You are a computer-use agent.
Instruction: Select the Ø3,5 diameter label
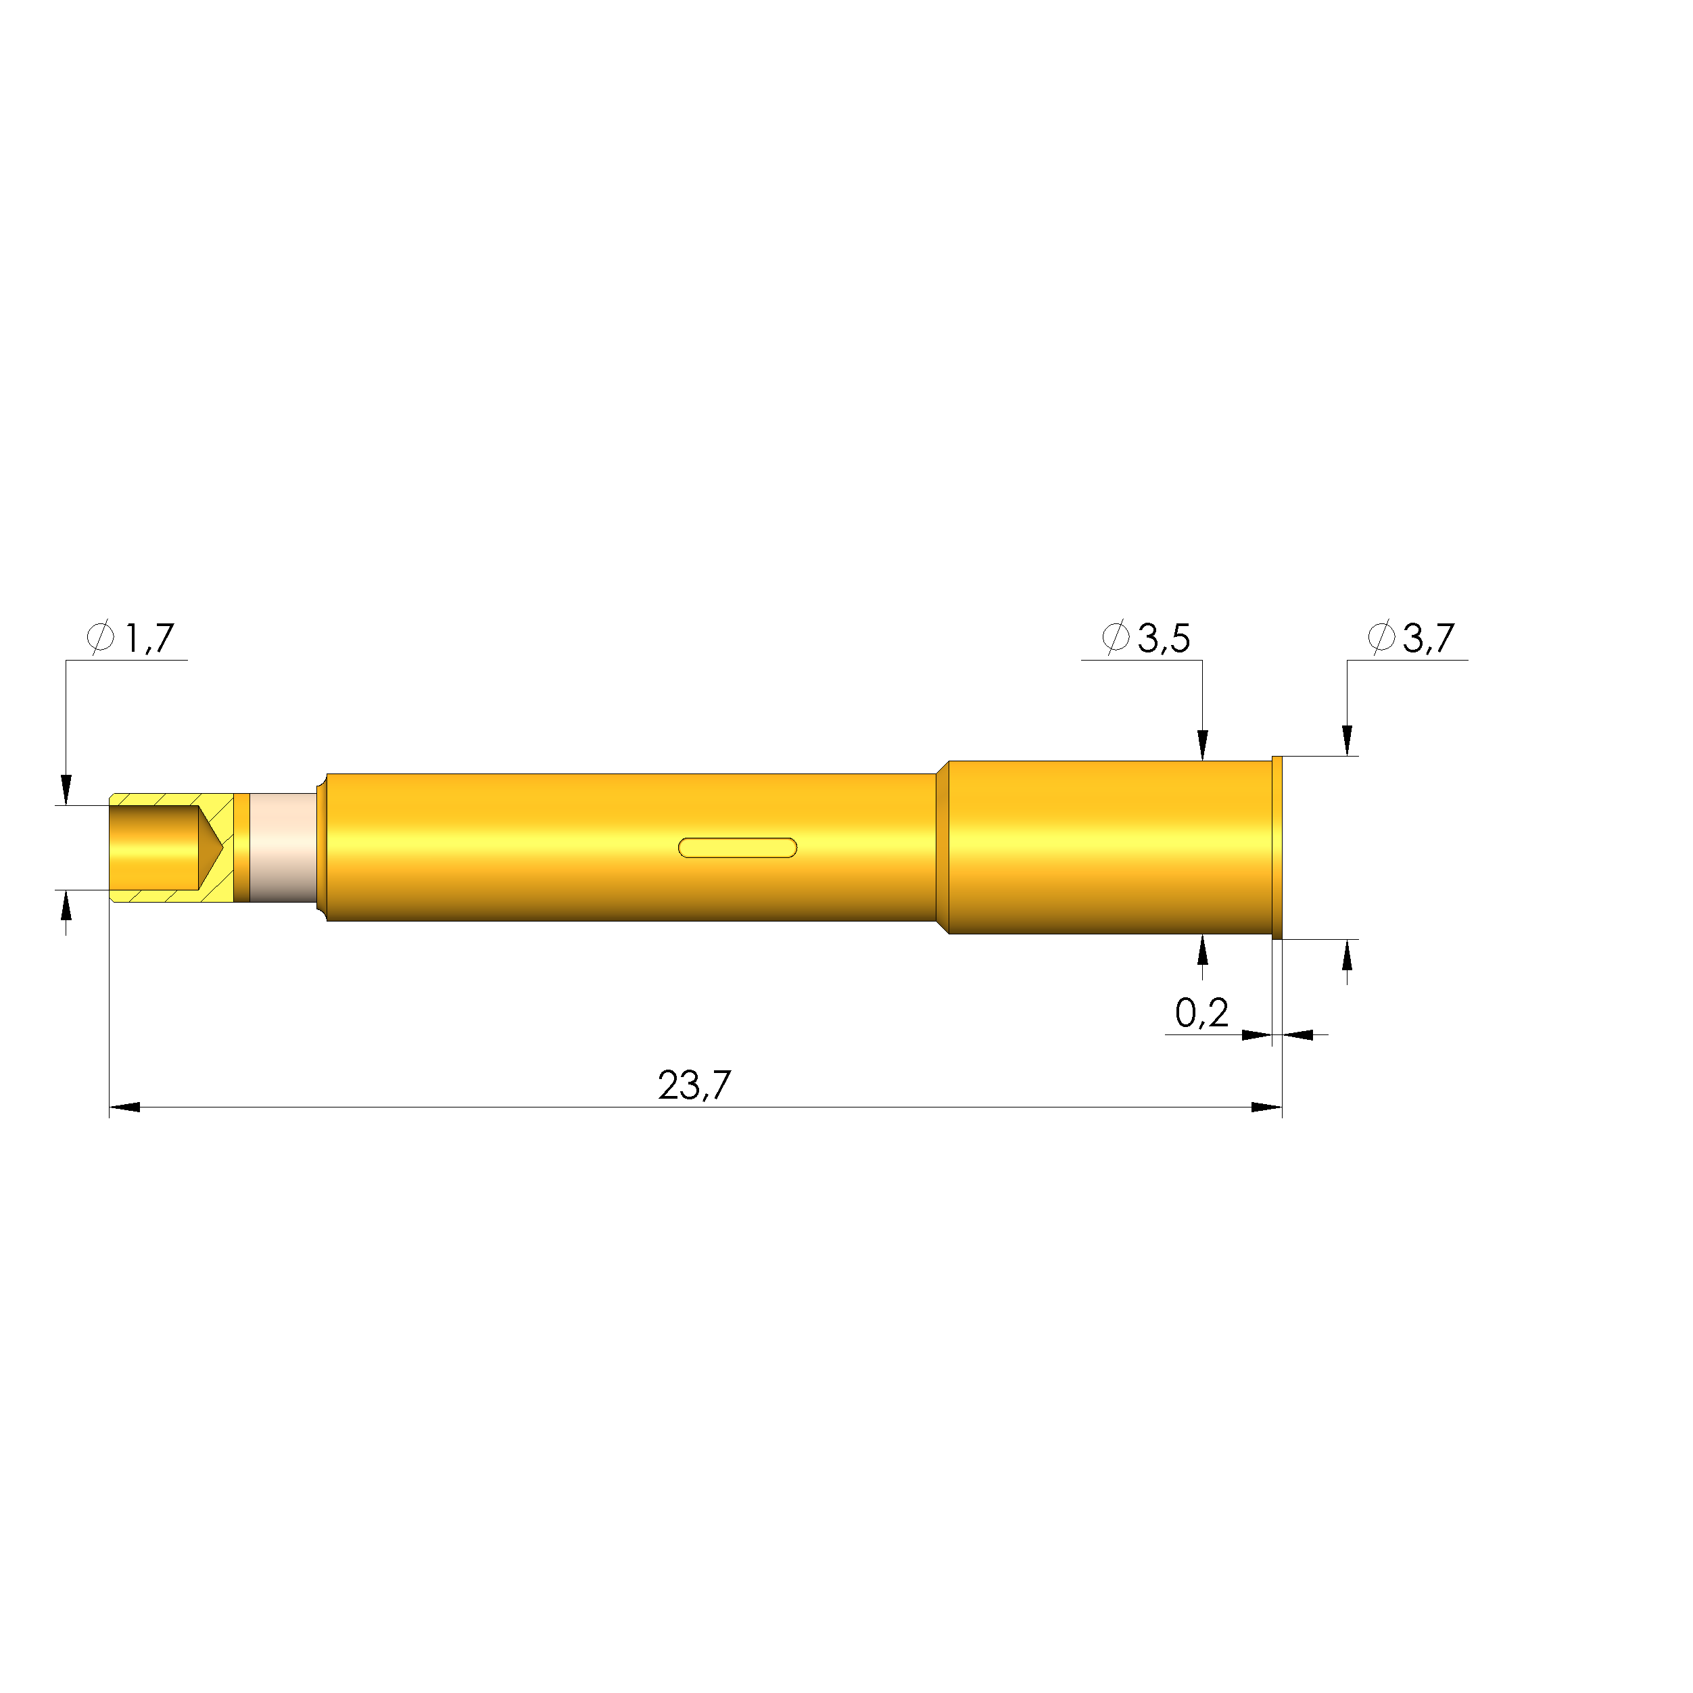[x=1146, y=638]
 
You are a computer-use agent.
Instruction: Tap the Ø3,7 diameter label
[x=1412, y=638]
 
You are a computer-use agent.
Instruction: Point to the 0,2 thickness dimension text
[x=1201, y=1014]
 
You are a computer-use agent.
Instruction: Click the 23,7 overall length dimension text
[x=694, y=1087]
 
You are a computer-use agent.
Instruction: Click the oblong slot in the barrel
[x=738, y=847]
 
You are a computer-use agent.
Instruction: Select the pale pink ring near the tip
[x=283, y=847]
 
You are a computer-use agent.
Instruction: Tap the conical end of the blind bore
[x=211, y=847]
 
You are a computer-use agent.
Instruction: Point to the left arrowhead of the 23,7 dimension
[x=124, y=1107]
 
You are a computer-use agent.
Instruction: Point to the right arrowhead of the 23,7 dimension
[x=1266, y=1107]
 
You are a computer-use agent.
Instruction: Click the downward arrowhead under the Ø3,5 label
[x=1202, y=745]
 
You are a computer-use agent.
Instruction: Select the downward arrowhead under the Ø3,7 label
[x=1347, y=740]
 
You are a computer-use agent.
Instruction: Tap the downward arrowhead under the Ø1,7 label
[x=66, y=790]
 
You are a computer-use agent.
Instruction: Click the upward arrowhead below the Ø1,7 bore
[x=66, y=905]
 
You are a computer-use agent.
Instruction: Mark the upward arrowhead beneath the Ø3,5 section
[x=1202, y=950]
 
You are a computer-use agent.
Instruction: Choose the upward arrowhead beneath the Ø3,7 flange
[x=1347, y=955]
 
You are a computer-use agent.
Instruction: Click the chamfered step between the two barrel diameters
[x=943, y=847]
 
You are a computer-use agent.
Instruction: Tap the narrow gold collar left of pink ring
[x=242, y=847]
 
